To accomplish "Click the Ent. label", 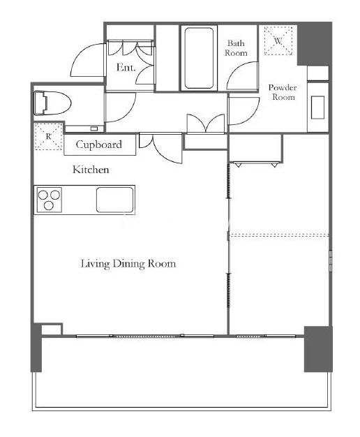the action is point(126,67).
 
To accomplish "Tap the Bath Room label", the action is point(236,48).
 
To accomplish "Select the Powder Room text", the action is point(283,92).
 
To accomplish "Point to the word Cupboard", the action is point(99,145).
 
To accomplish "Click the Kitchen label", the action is point(91,170).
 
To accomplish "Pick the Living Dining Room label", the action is point(128,264).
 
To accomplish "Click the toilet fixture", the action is point(52,103).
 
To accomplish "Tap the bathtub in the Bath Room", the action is point(199,58).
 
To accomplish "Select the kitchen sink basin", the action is point(115,200).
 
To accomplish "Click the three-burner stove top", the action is point(50,200).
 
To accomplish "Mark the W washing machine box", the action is point(278,40).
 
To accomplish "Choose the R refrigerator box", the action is point(48,137).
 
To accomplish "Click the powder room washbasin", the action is point(317,108).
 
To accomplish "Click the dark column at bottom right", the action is point(318,349).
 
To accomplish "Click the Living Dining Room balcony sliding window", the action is point(145,336).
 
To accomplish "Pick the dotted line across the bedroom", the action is point(278,235).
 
